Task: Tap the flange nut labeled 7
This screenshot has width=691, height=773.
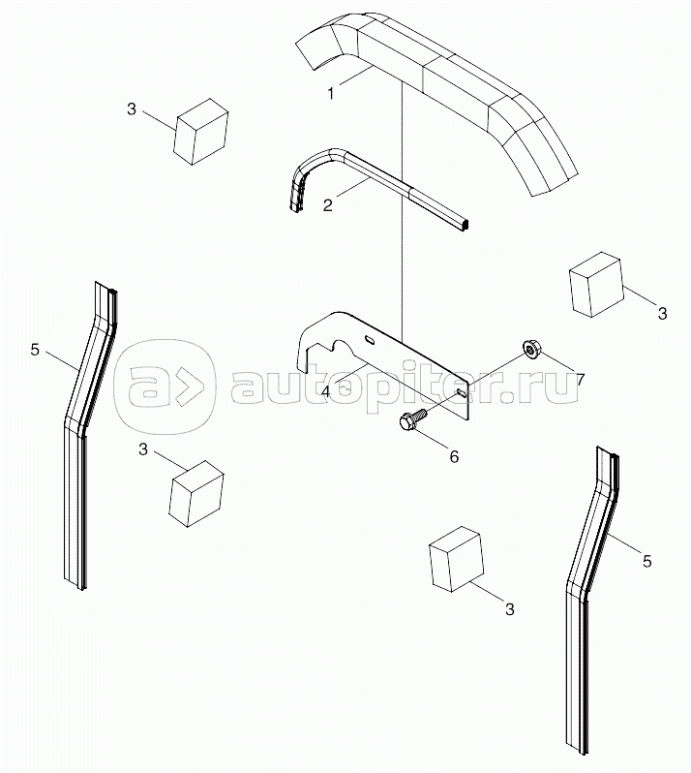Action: (530, 349)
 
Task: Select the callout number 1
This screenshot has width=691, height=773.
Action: (331, 93)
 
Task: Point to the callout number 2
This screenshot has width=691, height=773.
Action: (327, 205)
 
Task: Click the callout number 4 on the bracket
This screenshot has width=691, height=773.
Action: (326, 392)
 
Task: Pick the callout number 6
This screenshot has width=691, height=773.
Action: (454, 457)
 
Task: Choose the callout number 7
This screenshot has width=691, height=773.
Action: (580, 380)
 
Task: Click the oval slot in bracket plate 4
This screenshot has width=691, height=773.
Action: (370, 340)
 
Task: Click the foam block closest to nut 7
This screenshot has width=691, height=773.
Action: (595, 285)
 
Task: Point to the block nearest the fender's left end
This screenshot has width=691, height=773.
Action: (200, 131)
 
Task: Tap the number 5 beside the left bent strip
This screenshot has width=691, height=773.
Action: (35, 351)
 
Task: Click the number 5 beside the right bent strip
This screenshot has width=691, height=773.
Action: (647, 561)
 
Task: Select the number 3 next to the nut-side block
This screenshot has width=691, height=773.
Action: (662, 313)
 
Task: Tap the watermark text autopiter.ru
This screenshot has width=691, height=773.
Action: (404, 385)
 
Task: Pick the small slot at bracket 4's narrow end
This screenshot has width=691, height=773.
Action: (462, 392)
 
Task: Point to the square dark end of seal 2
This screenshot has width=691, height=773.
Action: (466, 226)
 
